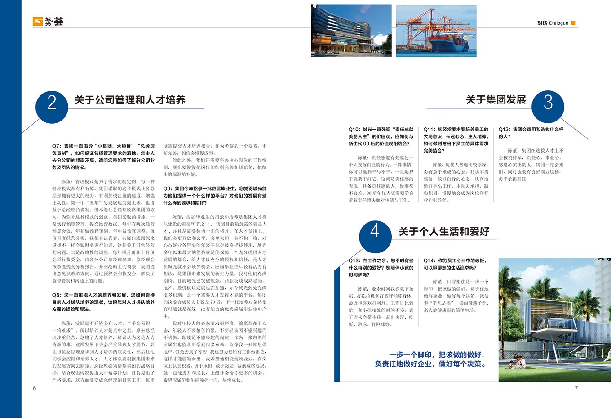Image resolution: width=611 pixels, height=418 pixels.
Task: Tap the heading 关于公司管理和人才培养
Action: tap(130, 100)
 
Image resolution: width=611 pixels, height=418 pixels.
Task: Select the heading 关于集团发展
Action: tap(496, 99)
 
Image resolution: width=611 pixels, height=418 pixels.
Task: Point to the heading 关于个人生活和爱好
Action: tap(444, 231)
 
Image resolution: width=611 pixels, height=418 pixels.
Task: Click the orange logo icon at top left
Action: tap(38, 21)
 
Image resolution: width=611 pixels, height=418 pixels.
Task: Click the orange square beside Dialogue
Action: tap(573, 23)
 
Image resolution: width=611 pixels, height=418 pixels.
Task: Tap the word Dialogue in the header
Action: tap(558, 23)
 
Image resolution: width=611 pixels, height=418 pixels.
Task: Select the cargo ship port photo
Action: tap(436, 31)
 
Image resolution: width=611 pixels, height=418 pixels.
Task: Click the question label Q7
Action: tap(56, 146)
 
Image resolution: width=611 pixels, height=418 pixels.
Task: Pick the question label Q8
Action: tap(56, 295)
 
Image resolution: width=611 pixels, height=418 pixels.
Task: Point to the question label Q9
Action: tap(167, 189)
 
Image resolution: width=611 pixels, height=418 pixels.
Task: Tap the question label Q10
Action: tap(354, 130)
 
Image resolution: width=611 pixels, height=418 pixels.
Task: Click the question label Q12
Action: tap(504, 130)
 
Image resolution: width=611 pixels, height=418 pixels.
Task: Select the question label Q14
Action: tap(429, 261)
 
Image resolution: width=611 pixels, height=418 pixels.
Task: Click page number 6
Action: tap(34, 388)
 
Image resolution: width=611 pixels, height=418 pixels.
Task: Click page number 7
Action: tap(576, 388)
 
